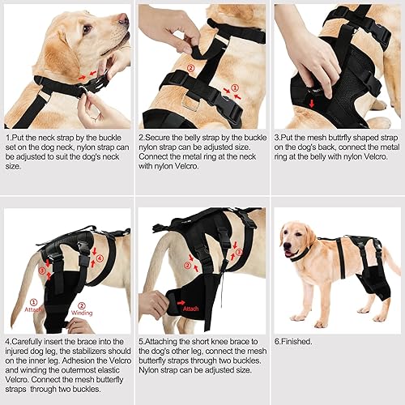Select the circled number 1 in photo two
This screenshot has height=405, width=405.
(236, 87)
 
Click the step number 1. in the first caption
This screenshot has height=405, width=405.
(7, 139)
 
